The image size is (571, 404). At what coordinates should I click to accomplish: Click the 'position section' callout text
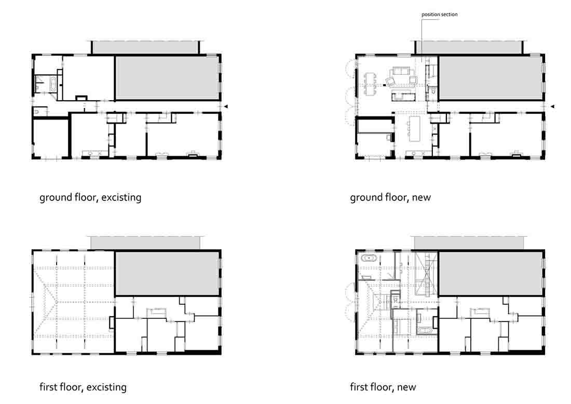pos(439,15)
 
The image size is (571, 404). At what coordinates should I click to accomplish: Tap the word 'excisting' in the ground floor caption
pos(121,197)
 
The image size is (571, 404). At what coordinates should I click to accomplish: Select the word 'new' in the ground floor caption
pos(422,198)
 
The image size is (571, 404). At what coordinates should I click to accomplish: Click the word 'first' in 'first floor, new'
pos(359,386)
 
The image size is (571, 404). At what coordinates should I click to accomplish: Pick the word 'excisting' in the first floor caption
pos(106,387)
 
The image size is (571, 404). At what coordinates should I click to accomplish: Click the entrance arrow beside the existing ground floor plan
pos(226,106)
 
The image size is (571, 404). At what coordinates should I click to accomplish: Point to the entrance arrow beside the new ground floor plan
pos(552,106)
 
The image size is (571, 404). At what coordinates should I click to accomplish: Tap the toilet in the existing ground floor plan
pos(37,111)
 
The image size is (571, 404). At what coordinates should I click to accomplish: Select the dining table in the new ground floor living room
pos(370,84)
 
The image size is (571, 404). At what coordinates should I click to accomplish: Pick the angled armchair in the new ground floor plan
pos(390,82)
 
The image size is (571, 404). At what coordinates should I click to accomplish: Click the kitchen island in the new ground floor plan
pos(414,128)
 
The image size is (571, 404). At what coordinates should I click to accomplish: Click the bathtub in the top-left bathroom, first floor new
pos(369,258)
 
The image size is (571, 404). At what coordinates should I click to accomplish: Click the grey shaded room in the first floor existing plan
pos(168,273)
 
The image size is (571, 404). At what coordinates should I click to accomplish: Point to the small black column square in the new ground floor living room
pos(384,85)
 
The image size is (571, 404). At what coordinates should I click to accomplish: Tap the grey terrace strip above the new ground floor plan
pos(469,47)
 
